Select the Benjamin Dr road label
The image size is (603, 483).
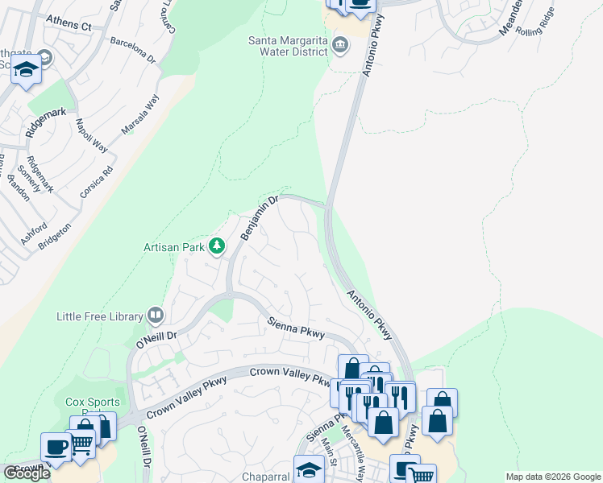pyautogui.click(x=259, y=217)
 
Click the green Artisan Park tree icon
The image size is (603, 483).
pyautogui.click(x=216, y=246)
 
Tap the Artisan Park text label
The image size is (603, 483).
pyautogui.click(x=173, y=247)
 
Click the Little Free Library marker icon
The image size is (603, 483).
pyautogui.click(x=156, y=315)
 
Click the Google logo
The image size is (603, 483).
pyautogui.click(x=27, y=473)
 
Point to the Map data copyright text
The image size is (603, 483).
pyautogui.click(x=553, y=477)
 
